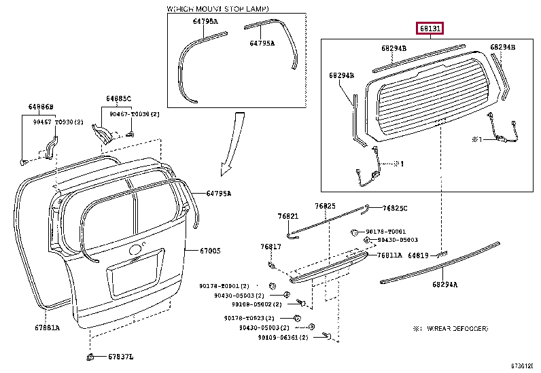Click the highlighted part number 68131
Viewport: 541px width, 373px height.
(430, 29)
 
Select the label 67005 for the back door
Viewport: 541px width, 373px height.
(210, 251)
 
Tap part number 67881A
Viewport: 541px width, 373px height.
(48, 328)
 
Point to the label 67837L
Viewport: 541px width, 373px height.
(121, 357)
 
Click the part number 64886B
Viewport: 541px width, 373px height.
(41, 107)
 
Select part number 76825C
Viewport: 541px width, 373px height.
(395, 208)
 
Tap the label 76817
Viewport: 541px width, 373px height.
(270, 246)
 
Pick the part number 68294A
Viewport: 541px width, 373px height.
(444, 285)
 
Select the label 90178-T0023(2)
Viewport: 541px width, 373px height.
(249, 318)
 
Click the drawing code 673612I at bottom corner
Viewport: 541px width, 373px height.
(524, 366)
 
